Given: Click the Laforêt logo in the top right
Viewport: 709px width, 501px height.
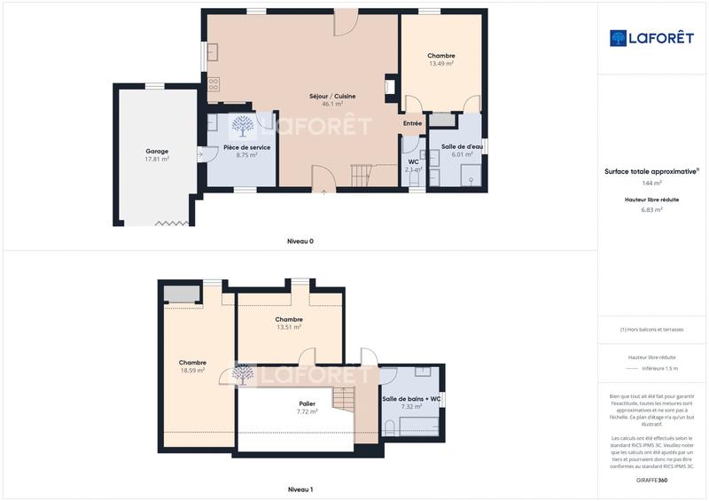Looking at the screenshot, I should pos(651,37).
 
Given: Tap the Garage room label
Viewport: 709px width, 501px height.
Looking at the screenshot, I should pos(157,151).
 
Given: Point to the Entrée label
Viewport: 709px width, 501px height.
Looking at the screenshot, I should pos(412,123).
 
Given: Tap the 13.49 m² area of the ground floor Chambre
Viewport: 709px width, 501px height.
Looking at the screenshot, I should pos(440,64).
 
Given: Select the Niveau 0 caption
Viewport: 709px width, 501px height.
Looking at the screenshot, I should pos(300,241).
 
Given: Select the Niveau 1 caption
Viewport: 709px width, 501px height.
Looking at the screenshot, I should pos(300,489).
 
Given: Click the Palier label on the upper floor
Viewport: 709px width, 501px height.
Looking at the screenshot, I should pos(307,403).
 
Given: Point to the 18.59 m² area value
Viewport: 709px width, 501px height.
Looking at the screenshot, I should pos(192,370).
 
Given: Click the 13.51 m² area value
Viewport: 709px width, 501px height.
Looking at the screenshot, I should pos(289,327).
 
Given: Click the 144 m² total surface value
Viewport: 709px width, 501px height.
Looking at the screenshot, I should pos(651,184).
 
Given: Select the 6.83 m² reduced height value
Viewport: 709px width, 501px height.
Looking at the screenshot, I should pos(651,210).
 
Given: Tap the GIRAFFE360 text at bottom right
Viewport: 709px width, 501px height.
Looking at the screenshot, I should pos(651,480).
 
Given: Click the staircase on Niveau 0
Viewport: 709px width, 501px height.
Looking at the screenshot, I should pos(361,175).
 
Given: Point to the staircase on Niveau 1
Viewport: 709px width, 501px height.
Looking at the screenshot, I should pos(344,396).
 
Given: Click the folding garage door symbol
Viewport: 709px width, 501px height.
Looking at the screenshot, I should pos(171,223).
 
